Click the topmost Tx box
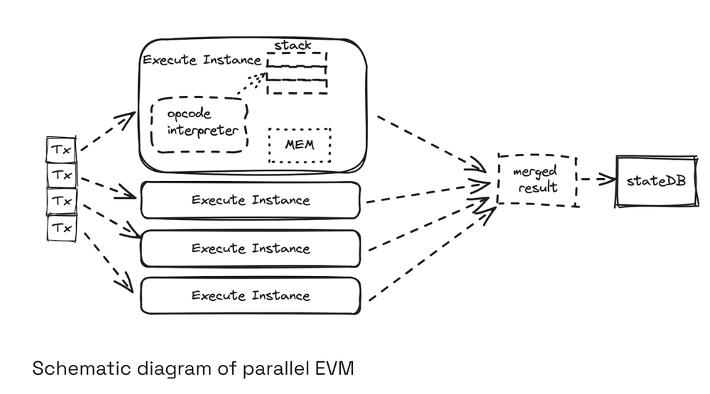click(61, 150)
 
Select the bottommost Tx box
click(61, 228)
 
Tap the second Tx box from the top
click(61, 175)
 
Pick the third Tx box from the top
click(61, 202)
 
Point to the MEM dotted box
click(300, 146)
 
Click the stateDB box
click(656, 180)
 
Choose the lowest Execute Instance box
click(251, 295)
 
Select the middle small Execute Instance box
click(251, 248)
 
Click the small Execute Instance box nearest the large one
click(251, 200)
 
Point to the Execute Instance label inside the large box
click(202, 60)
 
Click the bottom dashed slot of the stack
click(297, 87)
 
